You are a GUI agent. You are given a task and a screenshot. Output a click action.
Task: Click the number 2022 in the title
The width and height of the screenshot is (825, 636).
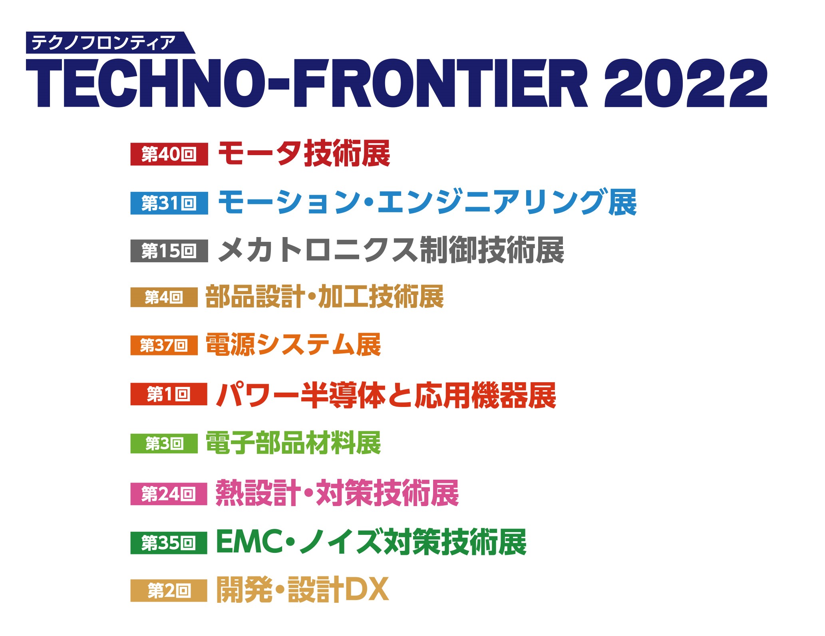click(686, 83)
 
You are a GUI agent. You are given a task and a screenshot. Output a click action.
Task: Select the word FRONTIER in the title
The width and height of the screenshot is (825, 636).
click(440, 83)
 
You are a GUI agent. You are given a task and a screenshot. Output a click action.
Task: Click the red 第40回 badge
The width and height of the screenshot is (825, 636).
click(169, 154)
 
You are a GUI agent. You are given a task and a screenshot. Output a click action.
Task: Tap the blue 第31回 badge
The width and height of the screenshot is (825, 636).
click(169, 203)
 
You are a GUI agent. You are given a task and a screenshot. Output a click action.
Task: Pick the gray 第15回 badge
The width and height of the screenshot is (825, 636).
click(169, 251)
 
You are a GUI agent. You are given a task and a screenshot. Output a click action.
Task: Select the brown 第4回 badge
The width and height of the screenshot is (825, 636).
click(164, 297)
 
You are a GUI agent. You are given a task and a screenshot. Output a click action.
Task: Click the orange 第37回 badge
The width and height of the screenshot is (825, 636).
click(164, 345)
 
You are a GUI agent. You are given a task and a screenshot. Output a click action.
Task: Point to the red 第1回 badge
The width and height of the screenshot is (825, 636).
click(169, 394)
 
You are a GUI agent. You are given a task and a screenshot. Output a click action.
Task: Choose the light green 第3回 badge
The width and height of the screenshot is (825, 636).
click(164, 443)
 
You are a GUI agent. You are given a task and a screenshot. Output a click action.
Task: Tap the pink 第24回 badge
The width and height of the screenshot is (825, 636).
click(169, 494)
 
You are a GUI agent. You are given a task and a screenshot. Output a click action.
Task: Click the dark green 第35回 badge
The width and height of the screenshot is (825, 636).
click(169, 543)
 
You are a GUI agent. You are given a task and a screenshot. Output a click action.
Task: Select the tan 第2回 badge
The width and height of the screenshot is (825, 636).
click(169, 590)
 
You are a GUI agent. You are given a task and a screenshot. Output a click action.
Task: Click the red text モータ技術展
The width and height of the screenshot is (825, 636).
click(304, 154)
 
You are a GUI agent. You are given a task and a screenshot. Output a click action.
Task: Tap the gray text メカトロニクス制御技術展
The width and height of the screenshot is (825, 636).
click(391, 250)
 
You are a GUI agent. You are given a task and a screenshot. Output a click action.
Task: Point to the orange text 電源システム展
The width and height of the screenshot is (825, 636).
click(293, 345)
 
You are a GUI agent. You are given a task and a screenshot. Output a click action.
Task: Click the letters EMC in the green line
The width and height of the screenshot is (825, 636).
click(250, 542)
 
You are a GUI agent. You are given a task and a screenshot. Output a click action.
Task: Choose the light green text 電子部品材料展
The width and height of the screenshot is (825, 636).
click(293, 443)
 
